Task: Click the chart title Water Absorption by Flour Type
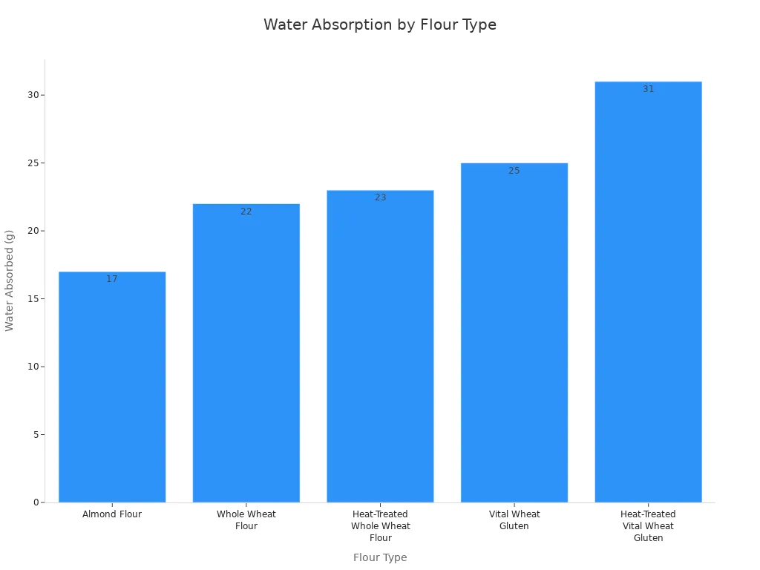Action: (x=379, y=24)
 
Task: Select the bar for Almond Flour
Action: (x=112, y=387)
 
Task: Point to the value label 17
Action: (x=112, y=280)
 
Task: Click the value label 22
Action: (x=246, y=212)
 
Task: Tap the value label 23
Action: (x=380, y=198)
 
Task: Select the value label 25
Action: (x=514, y=171)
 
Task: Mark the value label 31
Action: (x=648, y=89)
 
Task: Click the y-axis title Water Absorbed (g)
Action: (x=10, y=281)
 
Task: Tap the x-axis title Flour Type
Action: (x=379, y=557)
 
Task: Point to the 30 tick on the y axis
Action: (x=33, y=95)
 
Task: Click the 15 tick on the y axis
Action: (x=33, y=299)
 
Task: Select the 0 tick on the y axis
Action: (x=35, y=502)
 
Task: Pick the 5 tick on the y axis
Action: (x=35, y=435)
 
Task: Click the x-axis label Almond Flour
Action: (x=112, y=514)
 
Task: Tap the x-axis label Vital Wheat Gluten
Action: (x=514, y=520)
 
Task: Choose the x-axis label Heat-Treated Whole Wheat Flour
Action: (x=380, y=526)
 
